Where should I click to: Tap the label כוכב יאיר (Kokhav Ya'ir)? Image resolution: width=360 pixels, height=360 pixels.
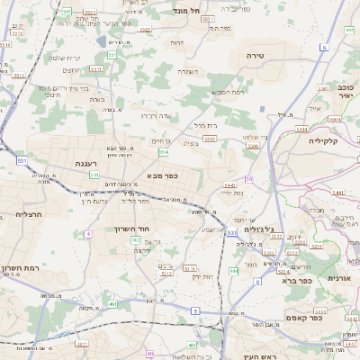(345, 93)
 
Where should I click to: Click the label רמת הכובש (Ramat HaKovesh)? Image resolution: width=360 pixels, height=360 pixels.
(227, 92)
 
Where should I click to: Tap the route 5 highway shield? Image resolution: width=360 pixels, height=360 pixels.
(194, 310)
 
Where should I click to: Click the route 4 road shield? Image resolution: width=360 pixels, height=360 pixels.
(88, 234)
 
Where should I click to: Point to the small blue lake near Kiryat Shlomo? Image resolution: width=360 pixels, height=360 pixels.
(98, 40)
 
